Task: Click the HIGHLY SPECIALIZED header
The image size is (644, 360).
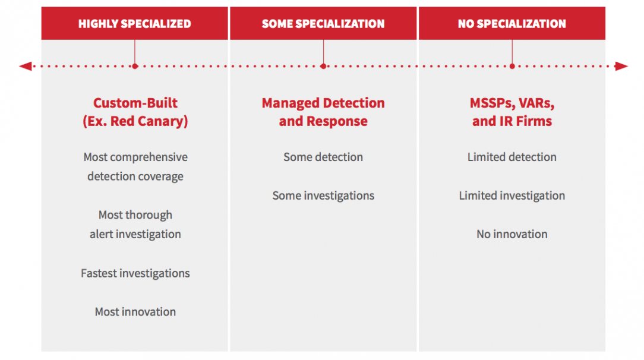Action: coord(135,24)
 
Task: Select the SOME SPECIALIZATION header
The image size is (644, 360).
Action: coord(323,24)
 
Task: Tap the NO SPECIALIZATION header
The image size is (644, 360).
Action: coord(512,24)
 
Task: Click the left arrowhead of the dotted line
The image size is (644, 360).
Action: coord(26,66)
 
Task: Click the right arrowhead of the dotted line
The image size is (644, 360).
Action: coord(621,66)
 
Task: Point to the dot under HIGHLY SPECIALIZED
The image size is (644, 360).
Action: coord(135,66)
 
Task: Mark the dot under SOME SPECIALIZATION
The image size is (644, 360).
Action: coord(323,66)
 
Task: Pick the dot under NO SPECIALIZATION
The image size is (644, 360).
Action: coord(512,66)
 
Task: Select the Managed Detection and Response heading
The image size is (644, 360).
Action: coord(323,112)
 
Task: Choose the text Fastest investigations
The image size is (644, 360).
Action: coord(135,273)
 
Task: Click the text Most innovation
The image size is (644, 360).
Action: coord(135,312)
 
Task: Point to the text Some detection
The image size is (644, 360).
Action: coord(323,157)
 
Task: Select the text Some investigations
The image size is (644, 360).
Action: coord(323,196)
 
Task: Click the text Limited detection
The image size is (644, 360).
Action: coord(512,157)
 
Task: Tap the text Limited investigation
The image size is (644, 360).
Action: coord(512,196)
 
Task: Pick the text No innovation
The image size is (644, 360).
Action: coord(512,235)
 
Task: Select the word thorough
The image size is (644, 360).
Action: coord(149,215)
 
